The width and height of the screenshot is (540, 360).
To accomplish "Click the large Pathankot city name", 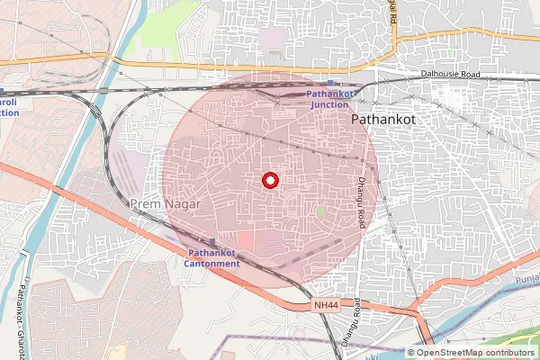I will (x=382, y=118).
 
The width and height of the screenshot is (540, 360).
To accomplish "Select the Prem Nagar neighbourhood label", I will (x=165, y=204).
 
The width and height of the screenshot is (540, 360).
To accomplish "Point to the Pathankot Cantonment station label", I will (x=213, y=258).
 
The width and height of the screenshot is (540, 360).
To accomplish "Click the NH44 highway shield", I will (x=327, y=306).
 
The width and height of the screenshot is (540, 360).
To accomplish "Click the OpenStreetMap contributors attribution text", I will (x=476, y=352).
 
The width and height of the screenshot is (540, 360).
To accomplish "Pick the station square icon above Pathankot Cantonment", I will (x=212, y=243).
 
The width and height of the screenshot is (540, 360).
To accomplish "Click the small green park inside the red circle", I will (x=321, y=211).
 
